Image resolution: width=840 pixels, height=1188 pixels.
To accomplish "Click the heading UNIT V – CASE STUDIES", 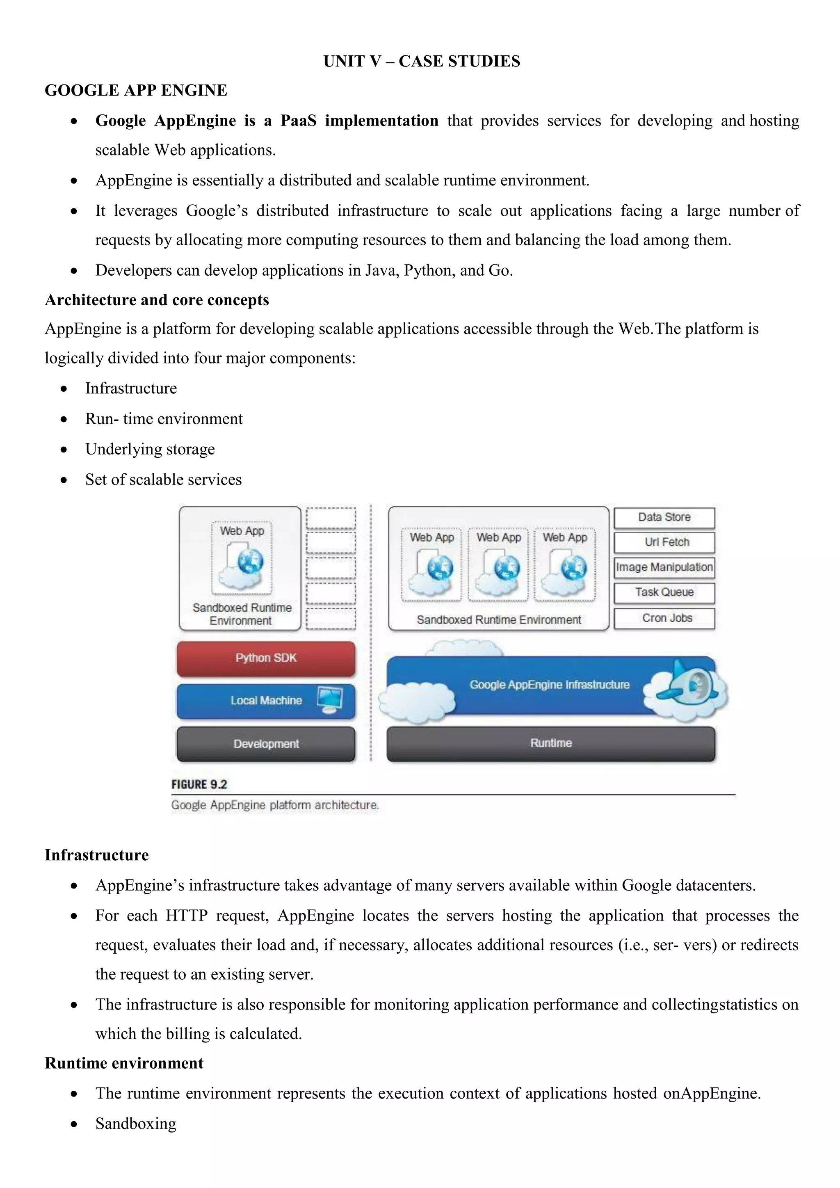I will tap(422, 61).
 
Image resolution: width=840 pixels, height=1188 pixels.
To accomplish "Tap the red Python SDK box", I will tap(266, 658).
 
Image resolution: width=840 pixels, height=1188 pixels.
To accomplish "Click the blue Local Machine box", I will tap(266, 701).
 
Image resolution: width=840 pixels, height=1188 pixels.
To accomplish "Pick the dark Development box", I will tap(266, 744).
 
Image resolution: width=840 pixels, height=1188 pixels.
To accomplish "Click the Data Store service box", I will tap(664, 517).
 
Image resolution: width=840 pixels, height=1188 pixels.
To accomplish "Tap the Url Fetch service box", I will tap(664, 542).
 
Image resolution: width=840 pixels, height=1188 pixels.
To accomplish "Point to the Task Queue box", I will tap(664, 592).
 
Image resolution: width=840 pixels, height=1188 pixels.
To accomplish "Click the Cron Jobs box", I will tap(664, 618).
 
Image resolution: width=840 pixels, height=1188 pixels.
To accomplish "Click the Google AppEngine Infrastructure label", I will tap(549, 685).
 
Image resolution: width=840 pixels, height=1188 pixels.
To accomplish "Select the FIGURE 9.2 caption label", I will tap(199, 784).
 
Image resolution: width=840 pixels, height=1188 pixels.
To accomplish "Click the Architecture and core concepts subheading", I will tap(157, 300).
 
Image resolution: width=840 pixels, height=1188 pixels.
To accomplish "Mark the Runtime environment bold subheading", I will tap(124, 1063).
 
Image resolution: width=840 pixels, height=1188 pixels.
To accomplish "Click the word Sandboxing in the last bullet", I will tap(135, 1124).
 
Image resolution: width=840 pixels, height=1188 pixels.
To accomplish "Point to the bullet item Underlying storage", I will tap(150, 449).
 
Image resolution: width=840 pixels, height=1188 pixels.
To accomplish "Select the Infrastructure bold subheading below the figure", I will tap(97, 855).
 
